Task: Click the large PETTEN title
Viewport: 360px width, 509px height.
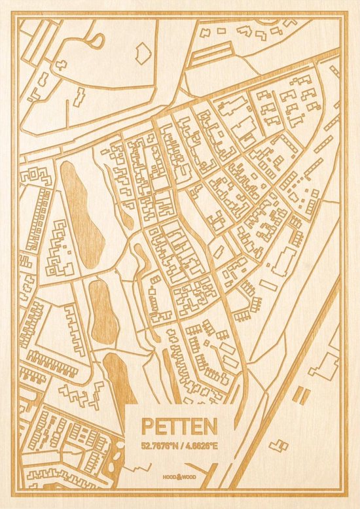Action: (x=178, y=427)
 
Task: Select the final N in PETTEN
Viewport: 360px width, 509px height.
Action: (x=210, y=427)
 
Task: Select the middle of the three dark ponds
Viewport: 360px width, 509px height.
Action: (x=103, y=311)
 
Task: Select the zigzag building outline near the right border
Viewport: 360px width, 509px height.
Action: (x=323, y=366)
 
